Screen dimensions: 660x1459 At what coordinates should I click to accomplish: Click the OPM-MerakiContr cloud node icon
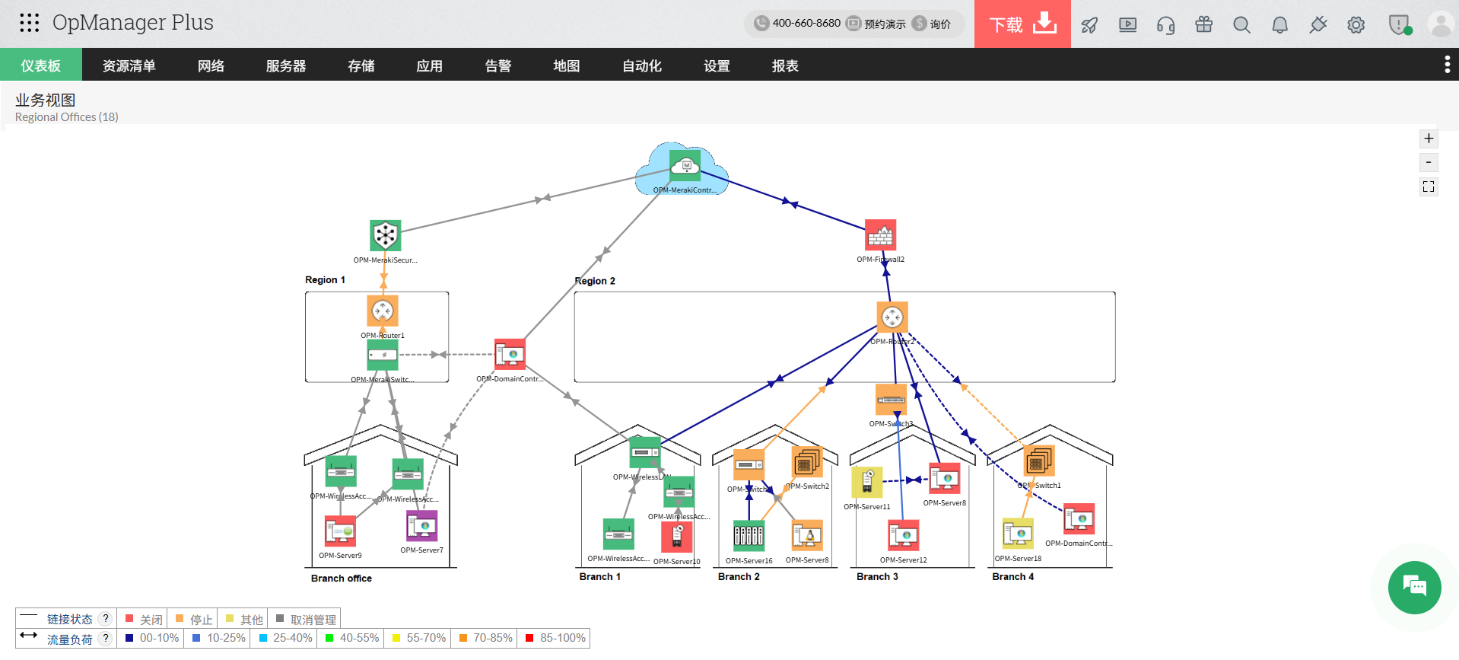click(685, 165)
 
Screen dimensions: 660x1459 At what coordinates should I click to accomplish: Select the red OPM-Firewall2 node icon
click(880, 235)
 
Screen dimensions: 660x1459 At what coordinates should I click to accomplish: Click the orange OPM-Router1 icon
click(383, 311)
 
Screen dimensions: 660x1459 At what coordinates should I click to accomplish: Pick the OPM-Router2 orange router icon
click(892, 317)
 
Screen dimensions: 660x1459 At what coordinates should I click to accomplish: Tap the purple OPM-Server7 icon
click(421, 526)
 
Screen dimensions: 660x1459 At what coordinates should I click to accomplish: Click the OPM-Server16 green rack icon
click(749, 535)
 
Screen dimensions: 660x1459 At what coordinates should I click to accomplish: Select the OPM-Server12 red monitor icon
click(903, 535)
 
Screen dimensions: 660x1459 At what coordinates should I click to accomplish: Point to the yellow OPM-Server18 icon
click(1017, 534)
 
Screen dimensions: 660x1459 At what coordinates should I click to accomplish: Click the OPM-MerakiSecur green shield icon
click(385, 235)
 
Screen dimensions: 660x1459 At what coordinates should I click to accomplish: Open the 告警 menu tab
click(497, 65)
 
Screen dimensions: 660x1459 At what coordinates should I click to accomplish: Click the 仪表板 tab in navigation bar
click(40, 65)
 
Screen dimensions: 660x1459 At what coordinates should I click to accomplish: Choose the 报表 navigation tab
click(784, 65)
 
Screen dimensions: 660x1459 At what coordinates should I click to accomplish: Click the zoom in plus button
click(1428, 139)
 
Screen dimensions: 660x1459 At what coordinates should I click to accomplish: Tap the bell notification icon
click(1279, 24)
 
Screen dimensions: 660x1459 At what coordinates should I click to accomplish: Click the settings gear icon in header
click(1356, 24)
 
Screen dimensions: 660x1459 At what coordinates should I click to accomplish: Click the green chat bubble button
click(1414, 587)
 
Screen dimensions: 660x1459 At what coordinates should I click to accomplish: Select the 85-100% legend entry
click(556, 638)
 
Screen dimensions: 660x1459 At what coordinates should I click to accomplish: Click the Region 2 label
click(595, 281)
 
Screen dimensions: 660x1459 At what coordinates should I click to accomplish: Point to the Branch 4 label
click(1012, 576)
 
